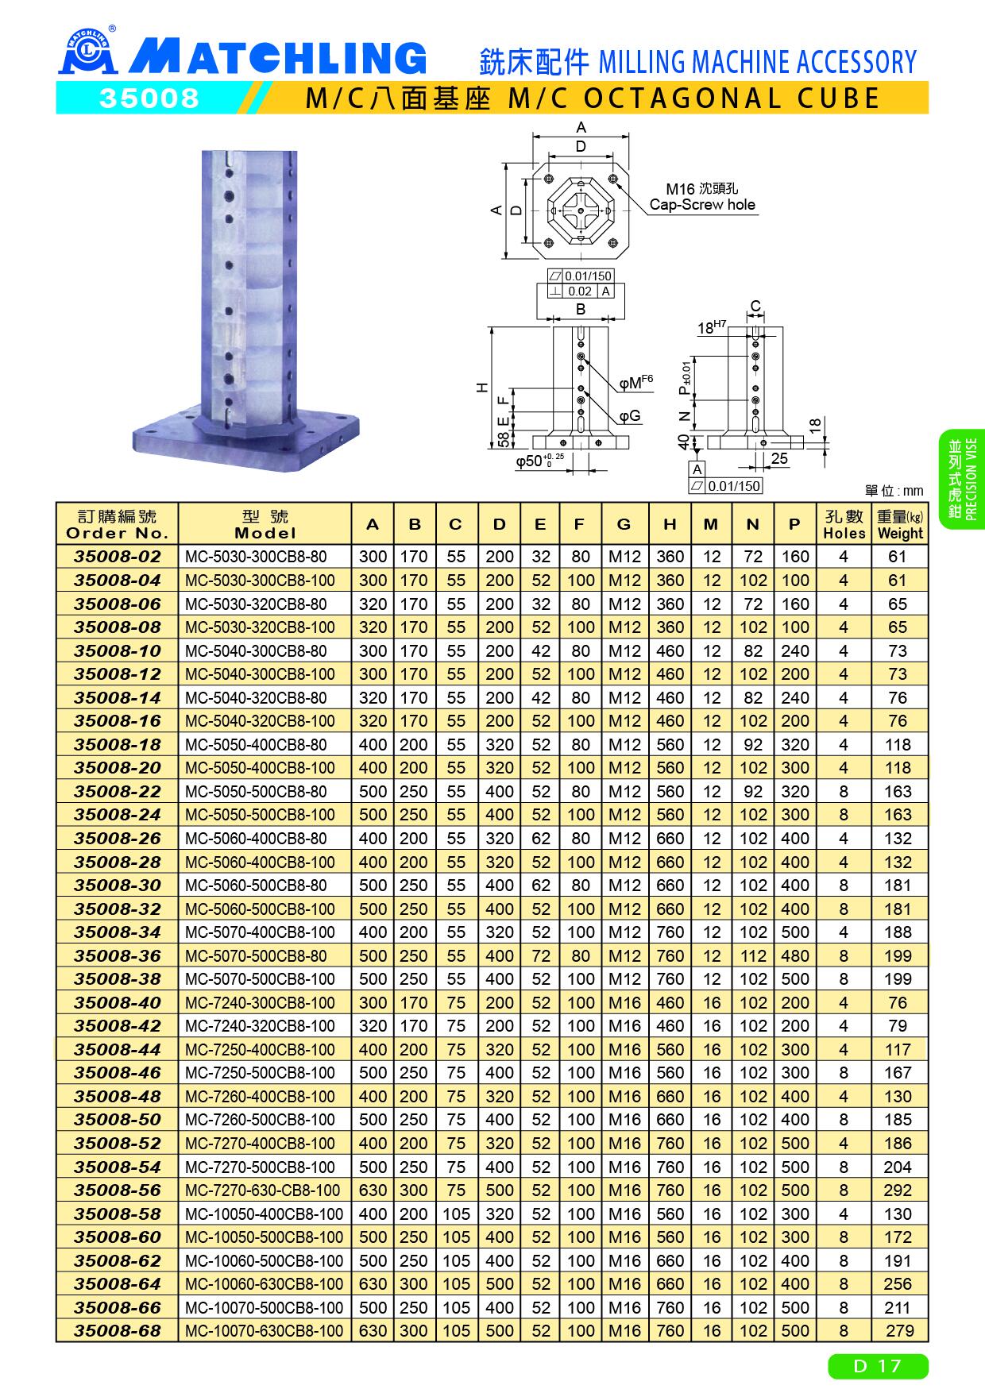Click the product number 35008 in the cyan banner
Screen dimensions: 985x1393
click(148, 98)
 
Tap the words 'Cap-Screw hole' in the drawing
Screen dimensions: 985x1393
click(702, 204)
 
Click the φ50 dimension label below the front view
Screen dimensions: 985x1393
click(539, 461)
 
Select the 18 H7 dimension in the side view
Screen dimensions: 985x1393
click(712, 326)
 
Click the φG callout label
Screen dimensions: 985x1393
click(630, 416)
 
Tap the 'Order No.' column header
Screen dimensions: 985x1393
click(118, 525)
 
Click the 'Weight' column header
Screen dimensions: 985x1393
click(900, 525)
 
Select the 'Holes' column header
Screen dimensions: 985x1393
click(844, 525)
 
